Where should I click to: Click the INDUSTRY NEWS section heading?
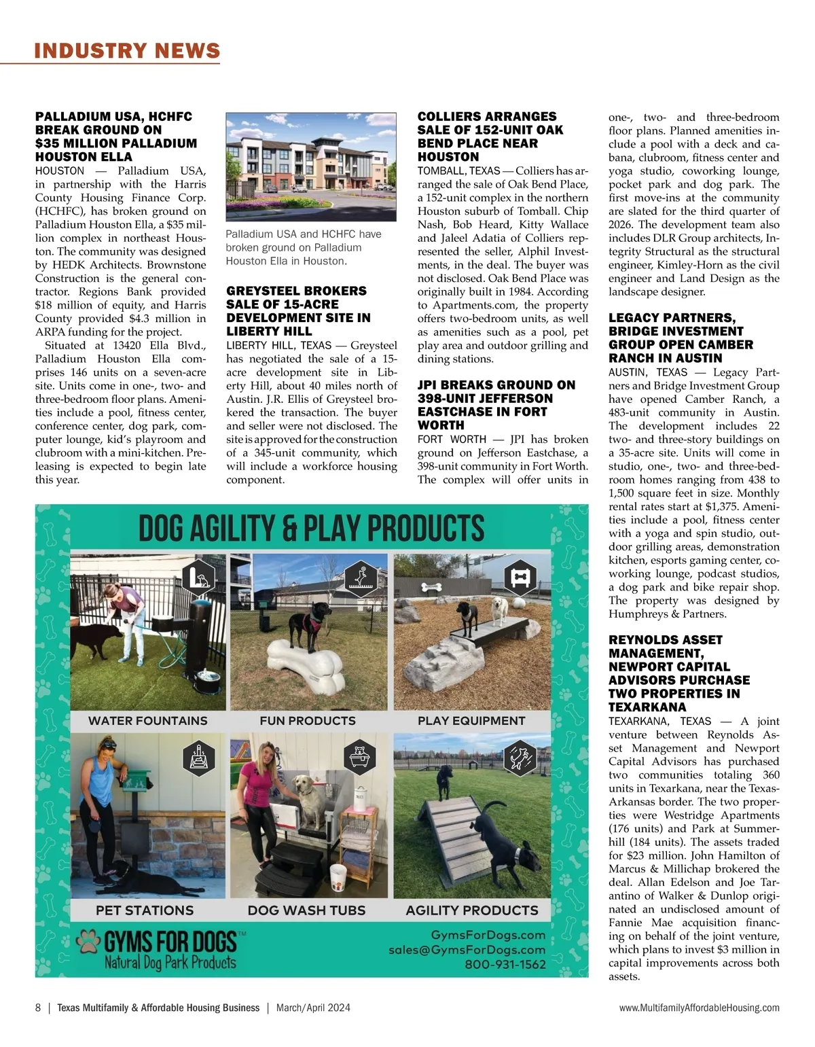pyautogui.click(x=127, y=51)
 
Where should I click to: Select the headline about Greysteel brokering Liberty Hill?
pyautogui.click(x=298, y=311)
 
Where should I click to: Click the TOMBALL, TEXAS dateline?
pyautogui.click(x=458, y=171)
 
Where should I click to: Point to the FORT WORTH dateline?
pyautogui.click(x=452, y=440)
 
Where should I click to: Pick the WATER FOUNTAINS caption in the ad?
pyautogui.click(x=148, y=721)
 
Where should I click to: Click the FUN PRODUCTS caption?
pyautogui.click(x=308, y=721)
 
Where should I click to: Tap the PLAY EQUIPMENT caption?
pyautogui.click(x=471, y=721)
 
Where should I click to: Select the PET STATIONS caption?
pyautogui.click(x=145, y=910)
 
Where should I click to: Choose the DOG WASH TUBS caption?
pyautogui.click(x=306, y=910)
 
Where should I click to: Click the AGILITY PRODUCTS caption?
pyautogui.click(x=472, y=910)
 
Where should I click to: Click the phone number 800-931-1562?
pyautogui.click(x=505, y=964)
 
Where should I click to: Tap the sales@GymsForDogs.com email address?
pyautogui.click(x=467, y=950)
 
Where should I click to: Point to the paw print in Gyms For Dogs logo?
pyautogui.click(x=88, y=942)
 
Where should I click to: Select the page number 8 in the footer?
pyautogui.click(x=38, y=1008)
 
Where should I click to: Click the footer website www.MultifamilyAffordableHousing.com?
pyautogui.click(x=699, y=1008)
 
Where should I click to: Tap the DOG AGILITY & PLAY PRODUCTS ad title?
pyautogui.click(x=312, y=529)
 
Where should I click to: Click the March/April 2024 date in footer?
pyautogui.click(x=313, y=1008)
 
